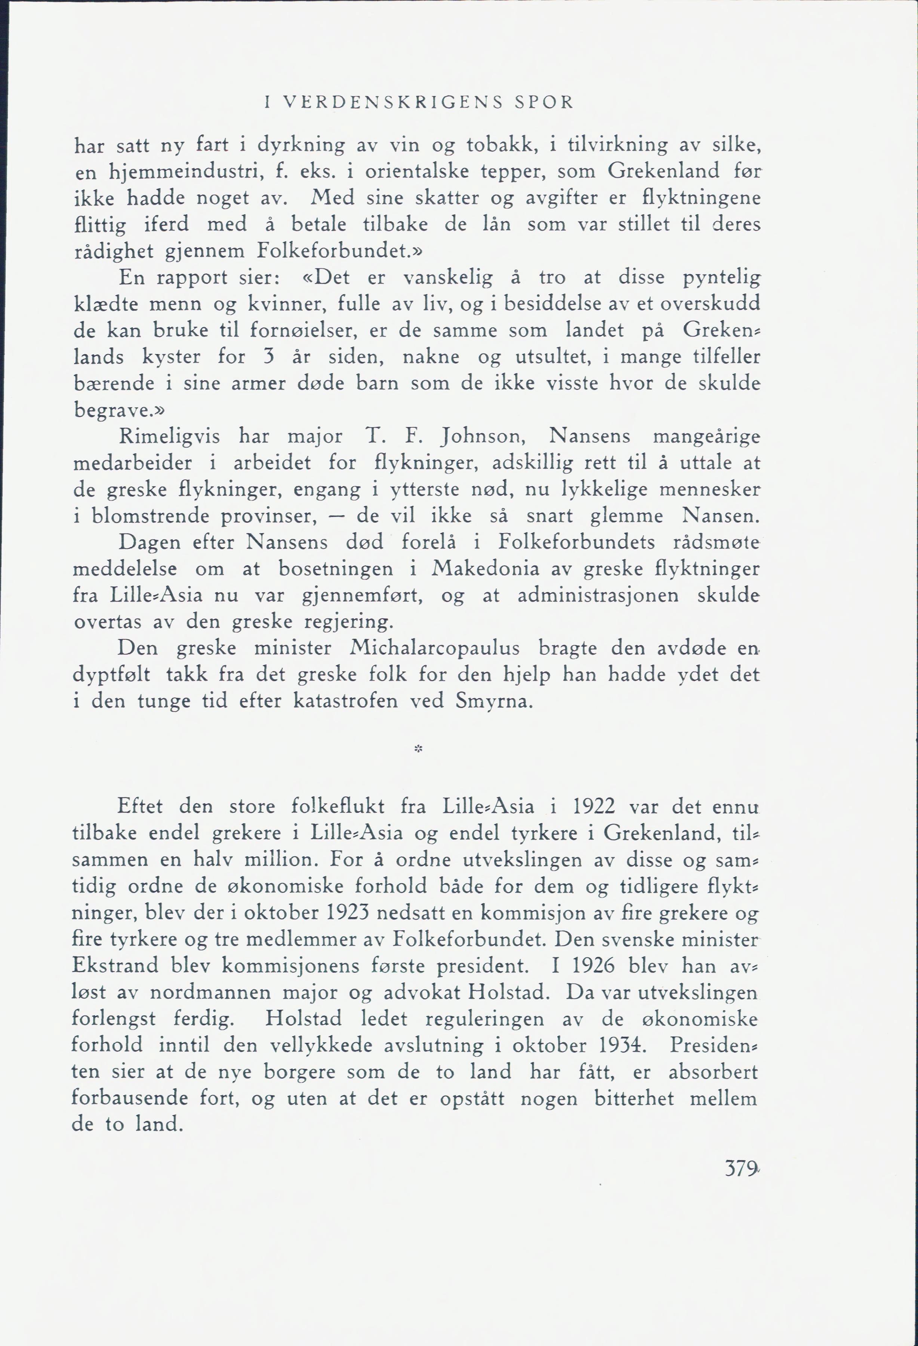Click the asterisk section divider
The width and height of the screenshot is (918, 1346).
pos(419,749)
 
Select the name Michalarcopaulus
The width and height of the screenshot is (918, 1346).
pos(434,648)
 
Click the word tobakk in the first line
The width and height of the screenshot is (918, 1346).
pos(499,144)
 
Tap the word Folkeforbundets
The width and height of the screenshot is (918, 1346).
pos(576,542)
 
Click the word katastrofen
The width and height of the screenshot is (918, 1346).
pos(345,701)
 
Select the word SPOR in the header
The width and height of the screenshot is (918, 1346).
pos(543,102)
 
